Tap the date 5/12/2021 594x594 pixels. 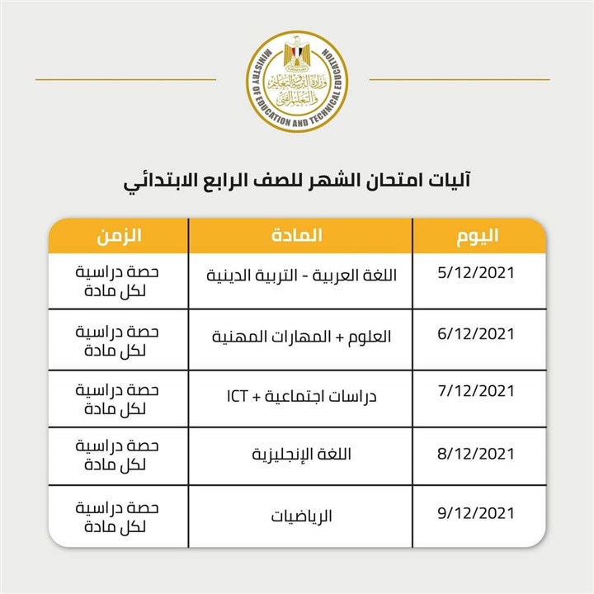[476, 273]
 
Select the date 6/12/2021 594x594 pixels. [476, 334]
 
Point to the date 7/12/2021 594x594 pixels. [476, 392]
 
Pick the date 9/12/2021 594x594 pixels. [476, 512]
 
